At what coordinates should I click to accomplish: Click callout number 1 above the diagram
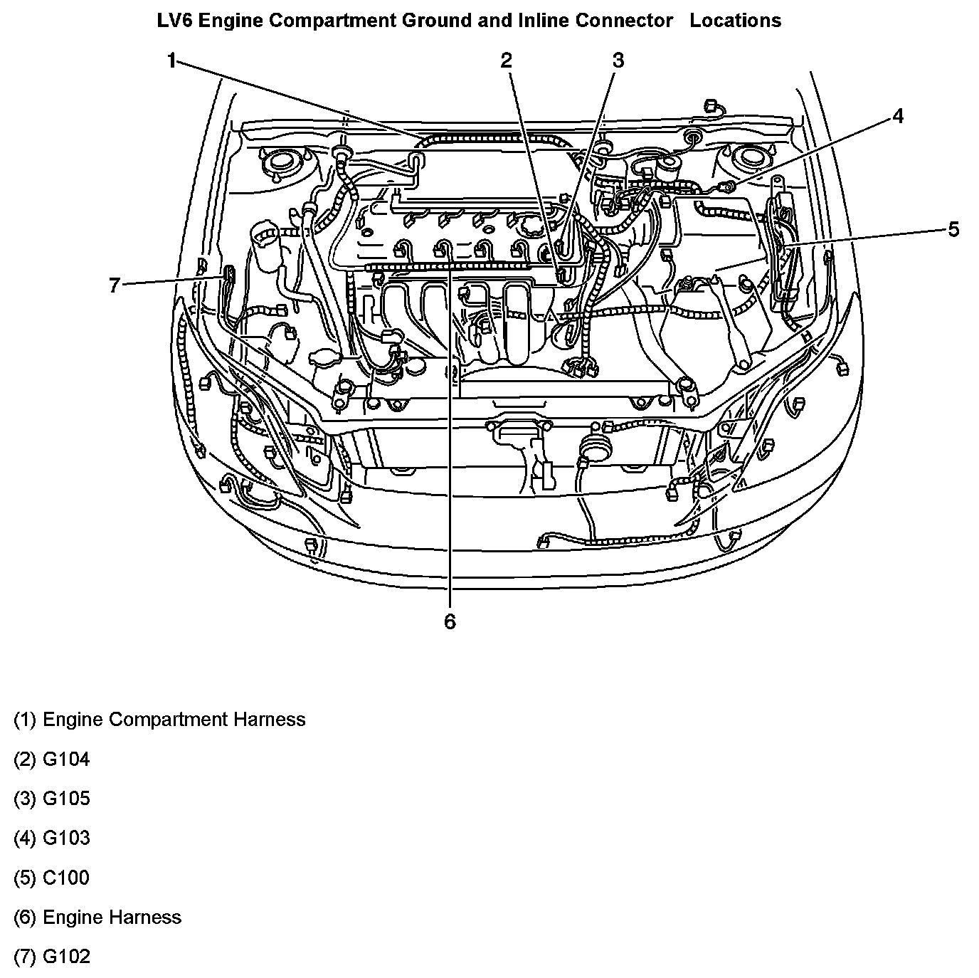(x=171, y=61)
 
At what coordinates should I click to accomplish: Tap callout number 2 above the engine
(x=506, y=61)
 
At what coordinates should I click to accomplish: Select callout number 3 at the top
(x=618, y=61)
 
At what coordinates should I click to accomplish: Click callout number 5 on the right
(x=953, y=228)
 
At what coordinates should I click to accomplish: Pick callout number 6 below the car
(x=450, y=621)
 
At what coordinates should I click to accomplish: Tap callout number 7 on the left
(x=115, y=285)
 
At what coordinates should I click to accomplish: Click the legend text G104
(x=66, y=759)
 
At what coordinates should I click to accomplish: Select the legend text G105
(x=66, y=799)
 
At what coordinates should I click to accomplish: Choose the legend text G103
(x=66, y=838)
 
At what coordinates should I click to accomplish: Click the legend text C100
(x=66, y=878)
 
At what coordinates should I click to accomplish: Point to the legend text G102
(x=66, y=956)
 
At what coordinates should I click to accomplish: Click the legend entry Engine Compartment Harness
(x=174, y=720)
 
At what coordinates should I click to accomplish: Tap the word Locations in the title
(x=735, y=21)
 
